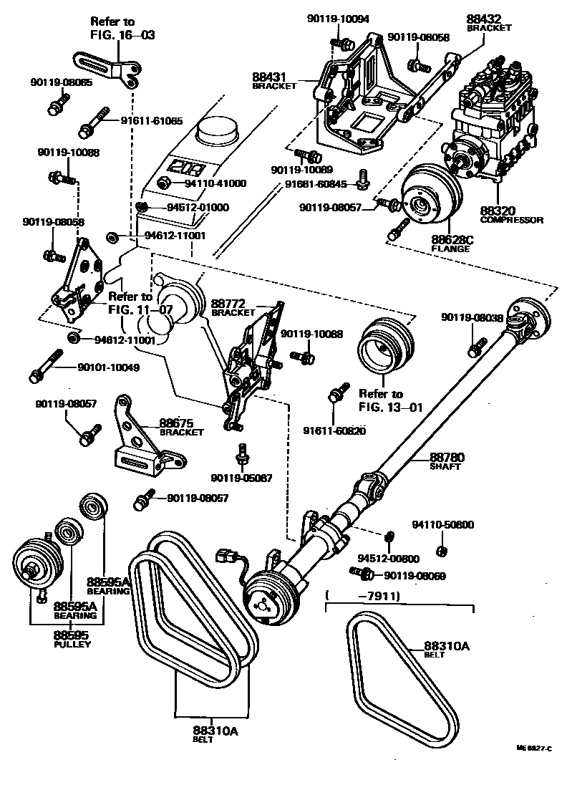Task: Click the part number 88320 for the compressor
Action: (510, 211)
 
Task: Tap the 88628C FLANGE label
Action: (450, 244)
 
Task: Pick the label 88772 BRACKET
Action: (233, 309)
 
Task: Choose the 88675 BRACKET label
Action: (181, 427)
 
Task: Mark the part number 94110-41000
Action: (215, 183)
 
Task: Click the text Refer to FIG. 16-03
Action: (122, 28)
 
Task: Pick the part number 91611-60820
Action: (334, 430)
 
